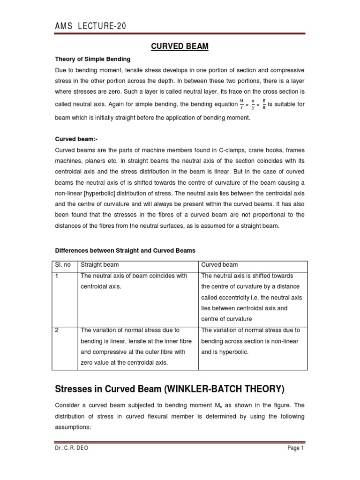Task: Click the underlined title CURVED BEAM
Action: tap(180, 46)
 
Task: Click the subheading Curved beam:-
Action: tap(76, 139)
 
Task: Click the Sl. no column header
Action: tap(63, 265)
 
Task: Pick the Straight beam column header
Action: tap(99, 265)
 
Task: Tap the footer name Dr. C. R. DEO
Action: tap(71, 448)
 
